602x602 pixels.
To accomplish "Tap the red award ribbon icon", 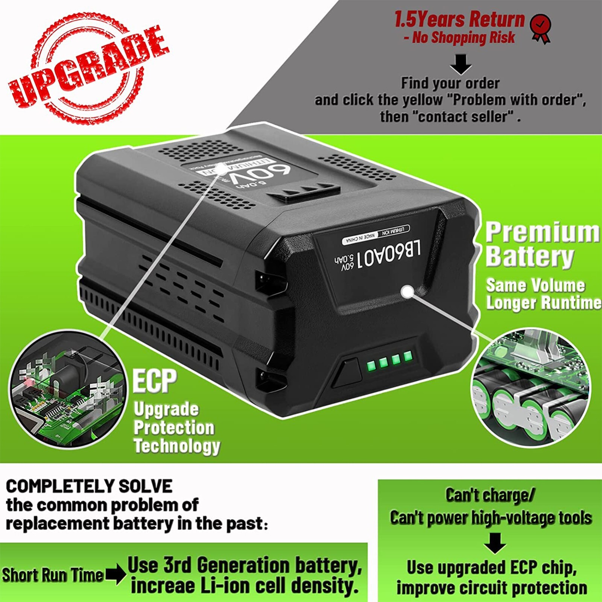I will (540, 28).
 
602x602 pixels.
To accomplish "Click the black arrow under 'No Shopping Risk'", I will (461, 64).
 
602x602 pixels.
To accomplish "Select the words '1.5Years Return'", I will (459, 19).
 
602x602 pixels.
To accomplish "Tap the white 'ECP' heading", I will (155, 381).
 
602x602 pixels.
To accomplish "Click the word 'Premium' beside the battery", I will (542, 233).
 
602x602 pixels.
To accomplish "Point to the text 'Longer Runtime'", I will (543, 303).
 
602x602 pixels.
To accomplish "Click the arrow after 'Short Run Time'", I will (116, 574).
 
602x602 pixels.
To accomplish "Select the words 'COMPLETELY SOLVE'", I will (89, 486).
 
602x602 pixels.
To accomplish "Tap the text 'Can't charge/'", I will (490, 495).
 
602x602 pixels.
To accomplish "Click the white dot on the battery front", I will (407, 291).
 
